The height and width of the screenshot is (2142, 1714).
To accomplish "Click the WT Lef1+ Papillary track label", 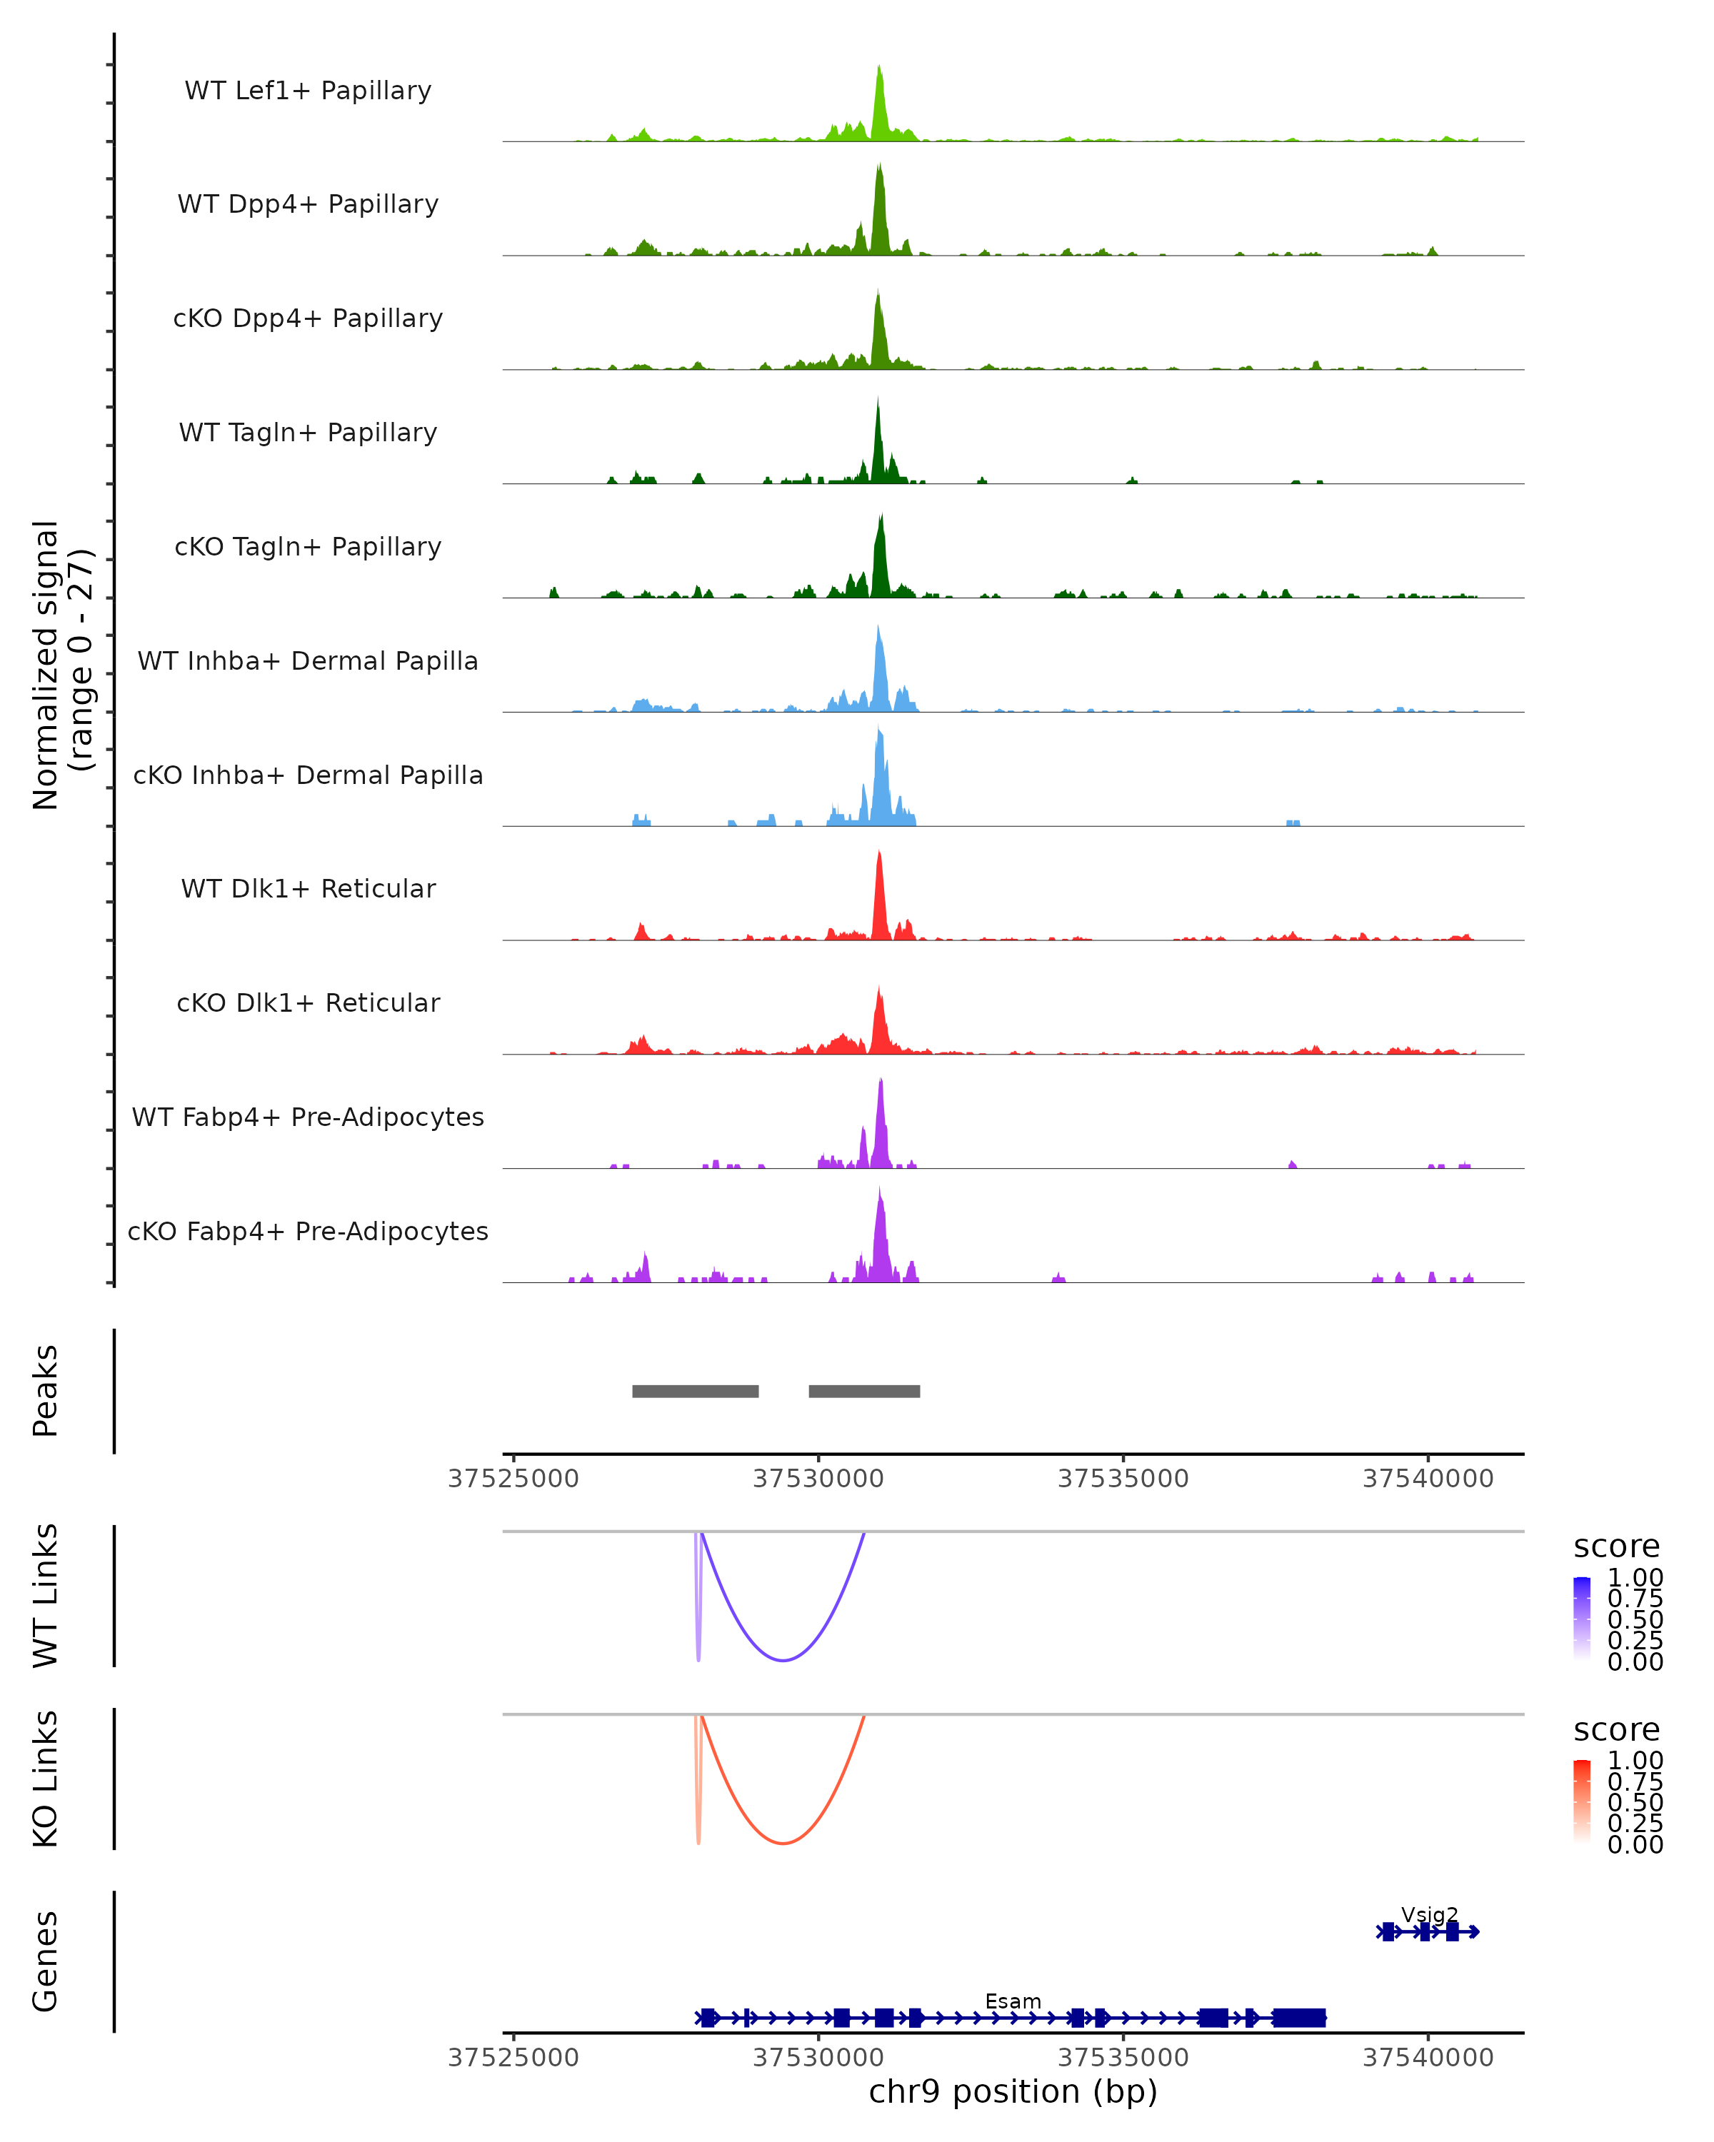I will click(308, 91).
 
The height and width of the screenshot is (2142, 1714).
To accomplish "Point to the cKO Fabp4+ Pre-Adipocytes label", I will click(308, 1231).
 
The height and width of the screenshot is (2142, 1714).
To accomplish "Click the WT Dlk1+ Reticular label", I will click(308, 888).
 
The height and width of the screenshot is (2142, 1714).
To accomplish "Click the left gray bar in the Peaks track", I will click(696, 1391).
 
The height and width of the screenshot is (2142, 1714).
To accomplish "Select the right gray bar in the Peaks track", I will click(864, 1391).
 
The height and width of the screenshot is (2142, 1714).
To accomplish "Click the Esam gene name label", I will click(1013, 2001).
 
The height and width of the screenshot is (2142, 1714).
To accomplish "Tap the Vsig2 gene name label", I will click(1430, 1914).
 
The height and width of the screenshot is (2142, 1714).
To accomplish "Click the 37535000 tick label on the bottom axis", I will click(1123, 2056).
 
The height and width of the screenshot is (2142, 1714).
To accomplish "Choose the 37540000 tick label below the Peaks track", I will click(1428, 1479).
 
